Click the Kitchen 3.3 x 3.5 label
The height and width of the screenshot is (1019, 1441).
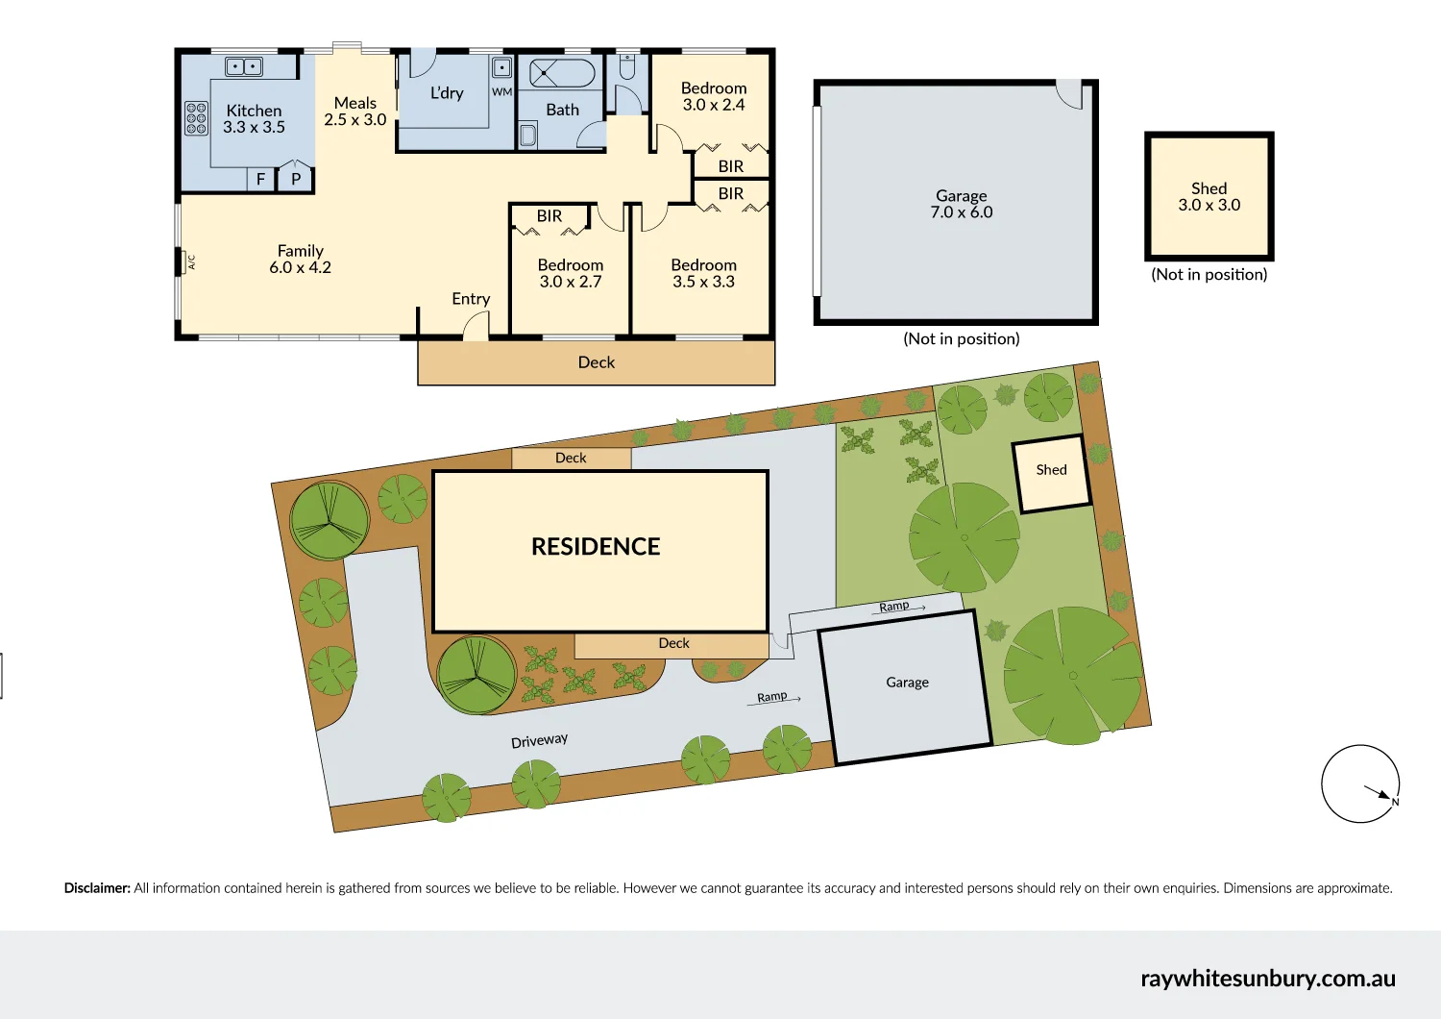point(254,119)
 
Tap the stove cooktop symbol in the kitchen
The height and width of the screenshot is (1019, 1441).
point(196,117)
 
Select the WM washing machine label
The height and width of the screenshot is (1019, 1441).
point(501,92)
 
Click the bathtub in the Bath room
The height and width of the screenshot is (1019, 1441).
point(562,73)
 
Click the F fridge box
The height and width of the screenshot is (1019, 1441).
point(260,179)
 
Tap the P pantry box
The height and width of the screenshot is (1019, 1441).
point(296,179)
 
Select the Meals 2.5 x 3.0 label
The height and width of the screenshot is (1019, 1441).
point(354,112)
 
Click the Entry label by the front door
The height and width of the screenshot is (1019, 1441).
point(471,299)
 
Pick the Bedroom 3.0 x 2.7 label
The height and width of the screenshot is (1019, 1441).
point(570,273)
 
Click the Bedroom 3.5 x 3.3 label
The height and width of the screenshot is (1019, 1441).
point(703,273)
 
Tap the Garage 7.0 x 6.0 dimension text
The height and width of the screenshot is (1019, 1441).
point(961,212)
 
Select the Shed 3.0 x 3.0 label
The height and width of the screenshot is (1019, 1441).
point(1209,197)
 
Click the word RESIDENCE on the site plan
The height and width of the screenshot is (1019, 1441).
point(596,547)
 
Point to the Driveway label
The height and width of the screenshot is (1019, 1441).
point(539,740)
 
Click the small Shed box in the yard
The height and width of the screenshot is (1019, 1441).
point(1052,472)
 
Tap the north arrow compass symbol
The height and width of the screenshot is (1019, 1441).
point(1360,783)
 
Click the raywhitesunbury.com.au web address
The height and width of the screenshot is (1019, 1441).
point(1267,979)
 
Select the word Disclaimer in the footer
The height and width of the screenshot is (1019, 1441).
point(97,888)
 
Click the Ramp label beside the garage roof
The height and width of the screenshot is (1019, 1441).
point(894,606)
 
